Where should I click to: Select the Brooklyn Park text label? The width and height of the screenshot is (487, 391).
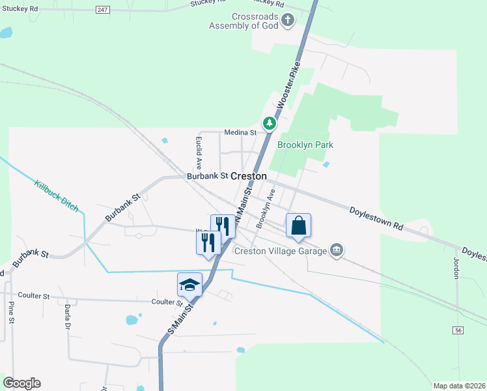301,146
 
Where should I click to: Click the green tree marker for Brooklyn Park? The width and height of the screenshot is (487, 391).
269,123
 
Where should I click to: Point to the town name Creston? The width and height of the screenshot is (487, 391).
249,176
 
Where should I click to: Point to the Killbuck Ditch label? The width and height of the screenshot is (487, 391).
57,196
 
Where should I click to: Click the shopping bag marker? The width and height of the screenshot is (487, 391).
298,226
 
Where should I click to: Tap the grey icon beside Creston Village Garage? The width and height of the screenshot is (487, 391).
337,250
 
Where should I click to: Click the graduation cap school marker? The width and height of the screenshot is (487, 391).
189,285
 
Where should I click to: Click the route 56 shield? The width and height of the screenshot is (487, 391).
458,331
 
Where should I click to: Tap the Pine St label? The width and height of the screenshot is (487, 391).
12,312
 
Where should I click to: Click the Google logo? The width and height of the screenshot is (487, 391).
21,383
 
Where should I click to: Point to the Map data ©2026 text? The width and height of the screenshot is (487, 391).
458,386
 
